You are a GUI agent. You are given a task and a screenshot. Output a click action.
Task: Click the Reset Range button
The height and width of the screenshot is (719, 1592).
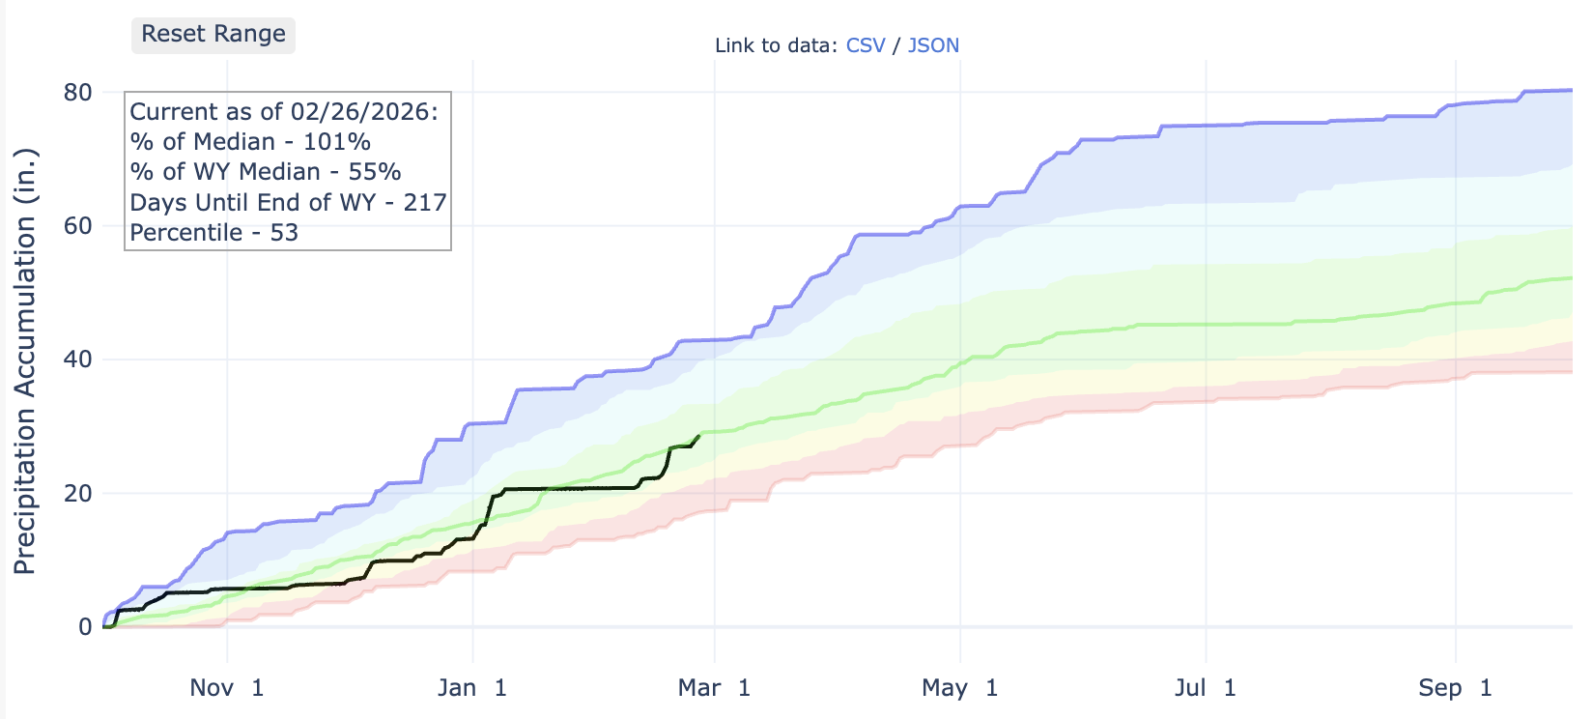(x=213, y=35)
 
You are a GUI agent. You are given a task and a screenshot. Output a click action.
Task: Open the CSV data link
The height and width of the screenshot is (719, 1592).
(x=866, y=45)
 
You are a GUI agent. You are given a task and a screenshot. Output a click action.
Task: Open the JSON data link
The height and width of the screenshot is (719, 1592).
(x=933, y=45)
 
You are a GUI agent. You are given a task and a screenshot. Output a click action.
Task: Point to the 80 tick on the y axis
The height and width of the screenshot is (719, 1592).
(x=78, y=93)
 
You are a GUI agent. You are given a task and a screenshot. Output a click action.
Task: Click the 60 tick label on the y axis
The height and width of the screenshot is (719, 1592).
(x=78, y=226)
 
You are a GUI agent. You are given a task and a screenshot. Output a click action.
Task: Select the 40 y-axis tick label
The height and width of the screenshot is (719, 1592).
(x=78, y=359)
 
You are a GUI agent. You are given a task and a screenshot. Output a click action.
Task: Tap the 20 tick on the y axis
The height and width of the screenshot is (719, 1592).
(x=78, y=493)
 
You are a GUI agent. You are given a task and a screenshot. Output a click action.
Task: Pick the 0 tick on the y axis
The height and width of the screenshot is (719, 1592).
(x=85, y=626)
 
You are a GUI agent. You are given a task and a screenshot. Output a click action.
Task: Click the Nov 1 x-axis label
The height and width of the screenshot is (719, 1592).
(x=227, y=688)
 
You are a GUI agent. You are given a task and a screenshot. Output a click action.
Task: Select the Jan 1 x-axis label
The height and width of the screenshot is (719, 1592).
(x=472, y=688)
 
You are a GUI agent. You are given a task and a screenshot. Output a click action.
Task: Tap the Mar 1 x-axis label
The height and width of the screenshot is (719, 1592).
(x=714, y=688)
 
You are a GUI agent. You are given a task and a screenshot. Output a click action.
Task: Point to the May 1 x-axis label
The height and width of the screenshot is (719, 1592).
(x=959, y=688)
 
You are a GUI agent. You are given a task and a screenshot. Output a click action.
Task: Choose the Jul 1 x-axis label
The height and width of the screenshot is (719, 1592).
(x=1205, y=688)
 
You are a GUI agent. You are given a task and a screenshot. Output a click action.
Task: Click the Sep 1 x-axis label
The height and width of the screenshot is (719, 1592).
(x=1455, y=688)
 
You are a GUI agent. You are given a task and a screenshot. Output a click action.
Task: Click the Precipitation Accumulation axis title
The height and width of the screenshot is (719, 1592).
(x=25, y=361)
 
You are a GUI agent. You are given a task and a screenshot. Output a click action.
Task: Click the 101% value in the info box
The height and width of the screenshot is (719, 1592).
(x=337, y=142)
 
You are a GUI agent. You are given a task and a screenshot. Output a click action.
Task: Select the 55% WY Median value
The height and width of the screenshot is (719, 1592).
(x=375, y=172)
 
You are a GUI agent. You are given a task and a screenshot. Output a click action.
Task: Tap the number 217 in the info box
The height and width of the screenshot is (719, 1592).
(x=425, y=203)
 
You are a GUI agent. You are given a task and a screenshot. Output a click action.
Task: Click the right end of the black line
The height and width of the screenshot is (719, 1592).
(x=699, y=436)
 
